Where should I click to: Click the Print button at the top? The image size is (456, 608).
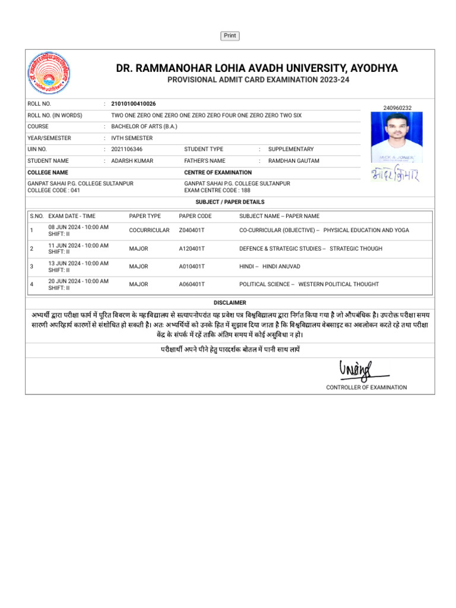click(230, 36)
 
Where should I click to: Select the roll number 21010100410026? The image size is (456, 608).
click(134, 104)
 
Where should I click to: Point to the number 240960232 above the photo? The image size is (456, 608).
click(398, 108)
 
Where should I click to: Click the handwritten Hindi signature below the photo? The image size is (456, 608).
click(395, 176)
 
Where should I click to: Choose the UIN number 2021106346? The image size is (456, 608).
click(127, 149)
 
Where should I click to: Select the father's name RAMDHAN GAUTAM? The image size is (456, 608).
click(293, 161)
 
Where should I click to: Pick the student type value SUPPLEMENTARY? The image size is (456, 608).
click(291, 149)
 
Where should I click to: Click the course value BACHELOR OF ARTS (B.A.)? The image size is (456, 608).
click(144, 126)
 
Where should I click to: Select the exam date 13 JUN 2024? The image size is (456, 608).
click(78, 263)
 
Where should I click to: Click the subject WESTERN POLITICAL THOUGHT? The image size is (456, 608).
click(338, 284)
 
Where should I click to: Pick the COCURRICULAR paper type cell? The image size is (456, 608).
click(149, 230)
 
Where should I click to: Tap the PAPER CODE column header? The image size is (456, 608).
click(195, 216)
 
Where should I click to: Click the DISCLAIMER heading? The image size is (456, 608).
click(230, 303)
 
